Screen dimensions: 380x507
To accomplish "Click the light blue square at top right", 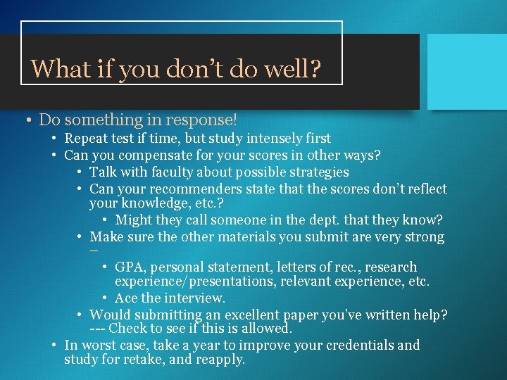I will coord(467,72).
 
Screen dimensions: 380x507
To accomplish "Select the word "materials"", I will coord(246,237).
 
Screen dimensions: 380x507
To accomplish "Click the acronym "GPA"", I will coord(129,267).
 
